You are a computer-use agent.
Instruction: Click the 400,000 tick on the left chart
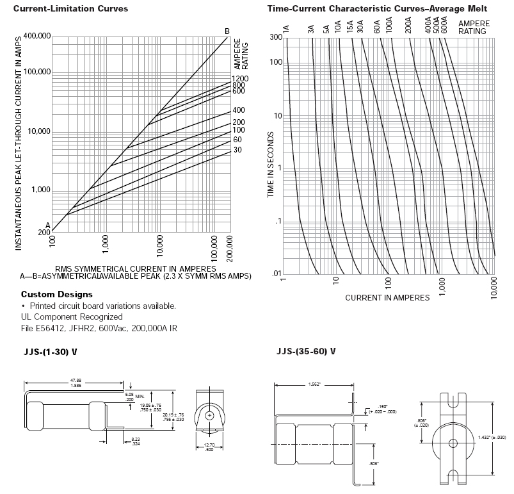(36, 36)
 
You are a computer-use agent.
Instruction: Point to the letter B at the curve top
(227, 31)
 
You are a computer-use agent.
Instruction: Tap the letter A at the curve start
(47, 224)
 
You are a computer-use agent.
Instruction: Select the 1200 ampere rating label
(240, 79)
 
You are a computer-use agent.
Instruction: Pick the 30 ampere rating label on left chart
(237, 150)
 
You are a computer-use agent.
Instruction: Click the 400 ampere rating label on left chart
(239, 110)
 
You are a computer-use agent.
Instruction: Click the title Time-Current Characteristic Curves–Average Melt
(376, 8)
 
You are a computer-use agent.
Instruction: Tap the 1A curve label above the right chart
(286, 29)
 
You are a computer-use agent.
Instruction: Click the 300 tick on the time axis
(276, 37)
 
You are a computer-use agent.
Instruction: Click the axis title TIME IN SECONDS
(271, 165)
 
